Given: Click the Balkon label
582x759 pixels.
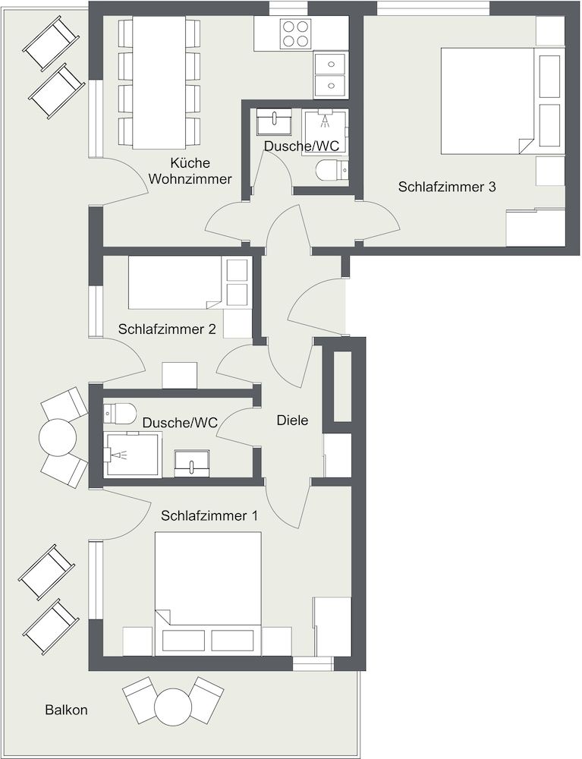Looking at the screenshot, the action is pyautogui.click(x=66, y=710).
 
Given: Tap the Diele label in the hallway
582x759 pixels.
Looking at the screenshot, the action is pyautogui.click(x=292, y=420).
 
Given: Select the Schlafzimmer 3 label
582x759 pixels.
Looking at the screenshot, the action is pyautogui.click(x=447, y=187).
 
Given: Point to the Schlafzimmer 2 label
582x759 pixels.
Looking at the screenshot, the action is pyautogui.click(x=167, y=329).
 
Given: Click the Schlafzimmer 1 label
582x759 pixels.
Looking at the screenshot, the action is pyautogui.click(x=209, y=515).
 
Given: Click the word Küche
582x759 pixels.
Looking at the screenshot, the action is pyautogui.click(x=190, y=163).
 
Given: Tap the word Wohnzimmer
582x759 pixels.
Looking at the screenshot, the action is pyautogui.click(x=190, y=179).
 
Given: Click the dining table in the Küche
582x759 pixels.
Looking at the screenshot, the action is pyautogui.click(x=159, y=82).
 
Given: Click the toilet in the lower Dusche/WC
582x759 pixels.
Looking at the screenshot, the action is pyautogui.click(x=119, y=413).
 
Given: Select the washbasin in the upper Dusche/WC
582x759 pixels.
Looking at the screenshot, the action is pyautogui.click(x=274, y=121).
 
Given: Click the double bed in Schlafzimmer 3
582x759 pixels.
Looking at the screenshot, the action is pyautogui.click(x=487, y=101).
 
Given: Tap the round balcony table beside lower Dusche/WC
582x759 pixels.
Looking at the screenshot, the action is pyautogui.click(x=58, y=437).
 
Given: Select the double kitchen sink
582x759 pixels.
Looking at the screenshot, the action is pyautogui.click(x=330, y=75).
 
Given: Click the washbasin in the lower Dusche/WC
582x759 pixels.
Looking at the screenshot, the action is pyautogui.click(x=192, y=463).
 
